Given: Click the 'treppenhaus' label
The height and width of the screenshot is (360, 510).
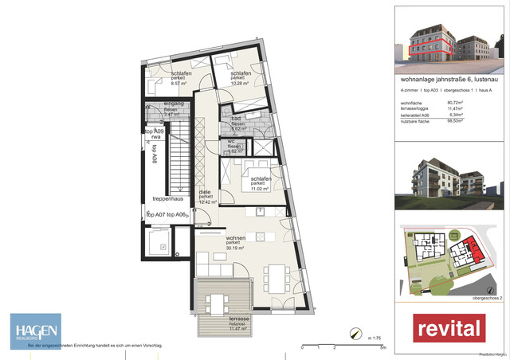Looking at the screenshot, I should (170, 200).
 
